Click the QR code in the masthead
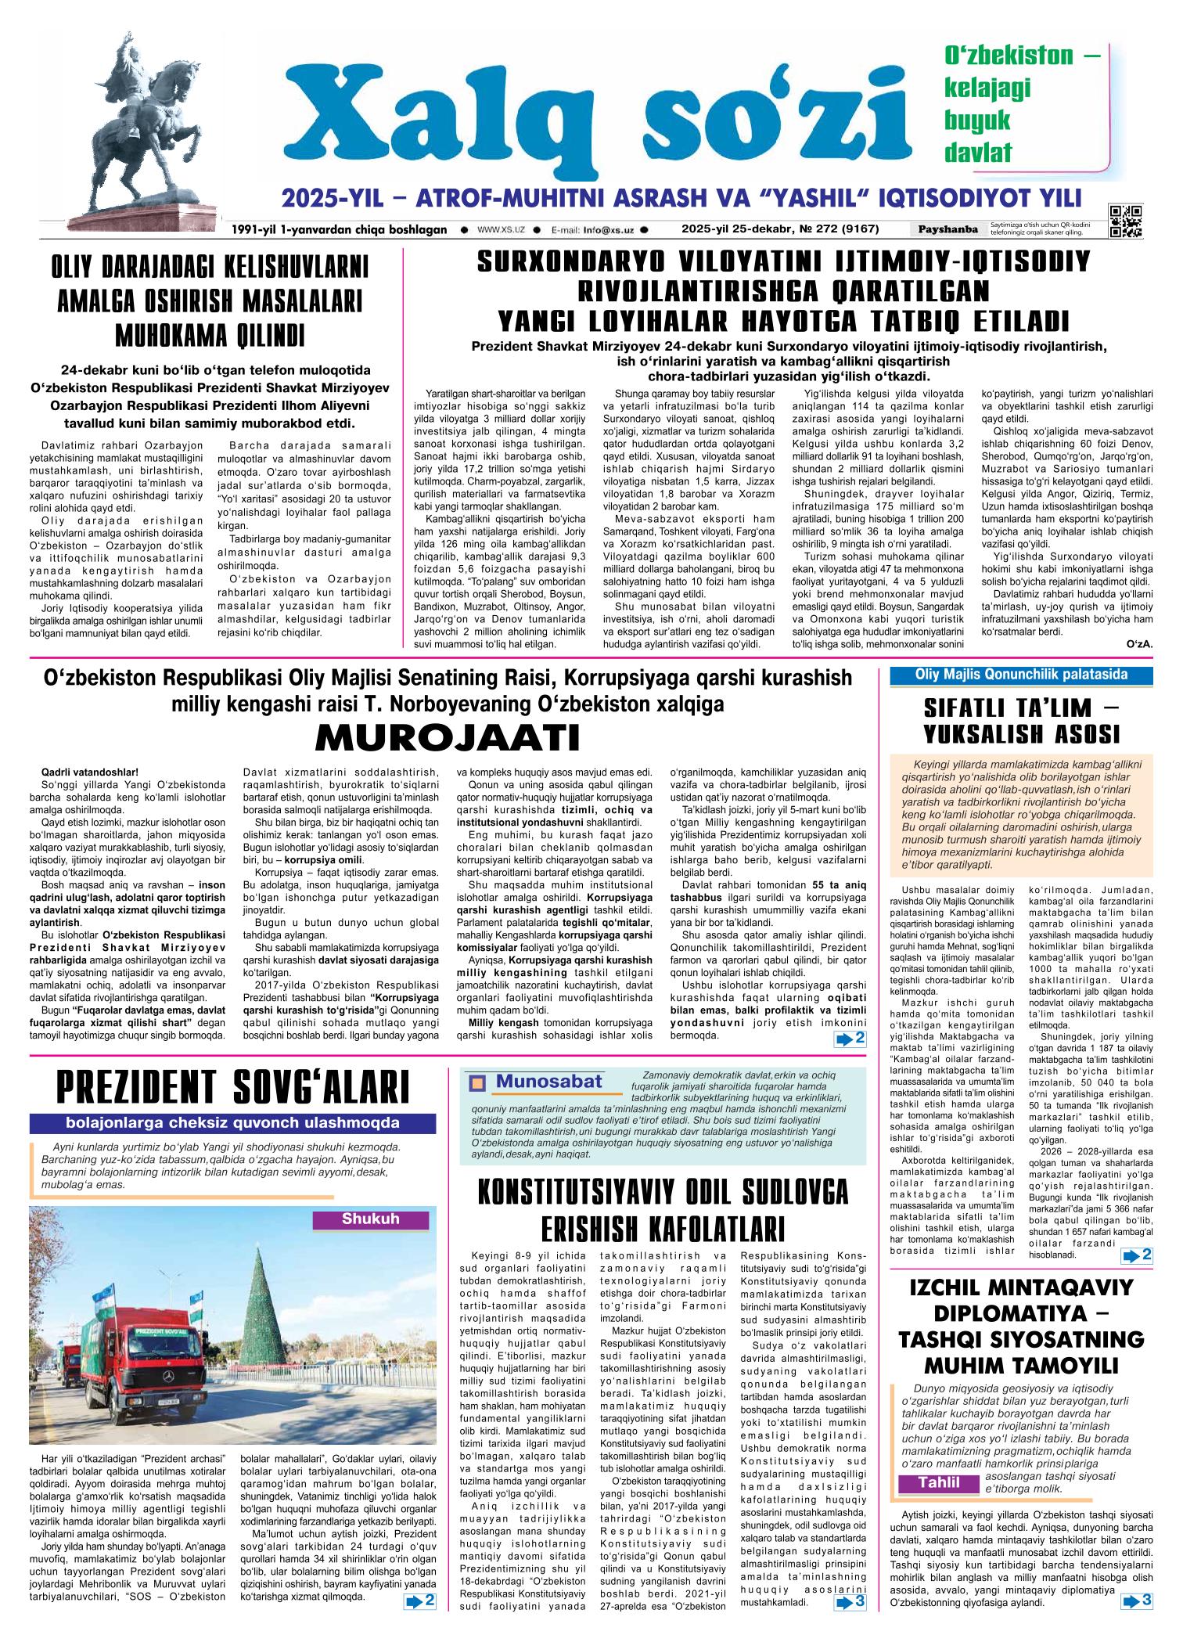(1125, 220)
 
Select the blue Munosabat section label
(548, 1082)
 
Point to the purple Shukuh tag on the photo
(370, 1219)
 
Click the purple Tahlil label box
(939, 1483)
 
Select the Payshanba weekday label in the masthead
(947, 229)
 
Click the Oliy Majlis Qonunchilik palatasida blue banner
(1021, 674)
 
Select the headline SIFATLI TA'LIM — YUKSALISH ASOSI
(1021, 720)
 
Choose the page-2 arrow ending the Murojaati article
(850, 1039)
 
